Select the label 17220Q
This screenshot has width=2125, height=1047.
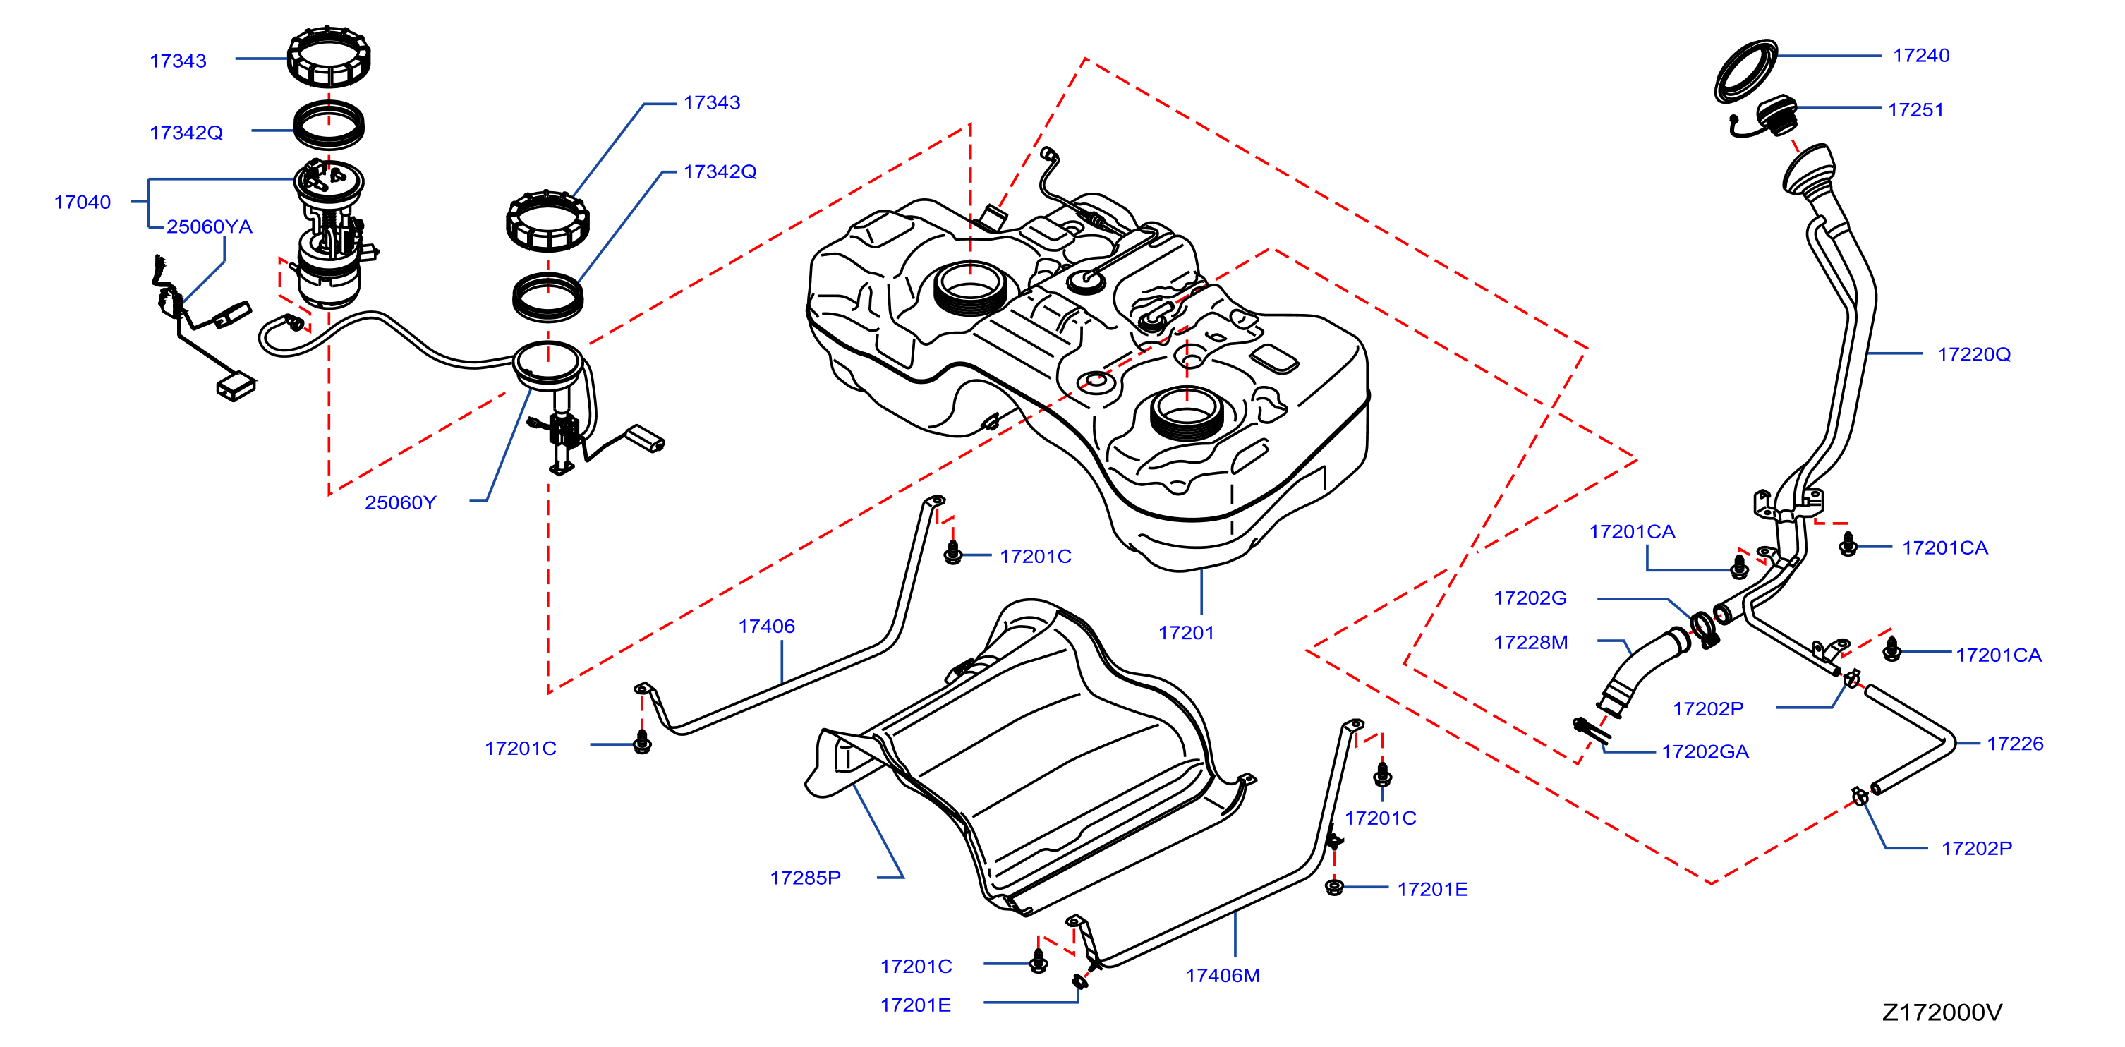(x=1973, y=354)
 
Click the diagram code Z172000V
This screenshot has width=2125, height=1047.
(x=1942, y=1012)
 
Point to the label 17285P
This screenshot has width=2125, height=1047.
(x=805, y=878)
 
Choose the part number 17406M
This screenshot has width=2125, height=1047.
(x=1223, y=975)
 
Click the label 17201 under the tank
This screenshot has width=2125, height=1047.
(x=1186, y=633)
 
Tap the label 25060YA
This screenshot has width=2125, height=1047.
(x=210, y=227)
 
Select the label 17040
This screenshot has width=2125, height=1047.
(x=83, y=202)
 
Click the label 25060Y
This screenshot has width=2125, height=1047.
(x=401, y=502)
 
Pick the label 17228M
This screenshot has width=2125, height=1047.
(x=1530, y=642)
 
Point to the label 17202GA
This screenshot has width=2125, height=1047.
(x=1705, y=751)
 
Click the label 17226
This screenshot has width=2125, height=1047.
(x=2015, y=744)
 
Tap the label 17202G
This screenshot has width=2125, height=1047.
(x=1530, y=598)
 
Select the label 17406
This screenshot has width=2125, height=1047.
(x=766, y=627)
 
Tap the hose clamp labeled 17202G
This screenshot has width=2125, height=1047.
(x=1705, y=629)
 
